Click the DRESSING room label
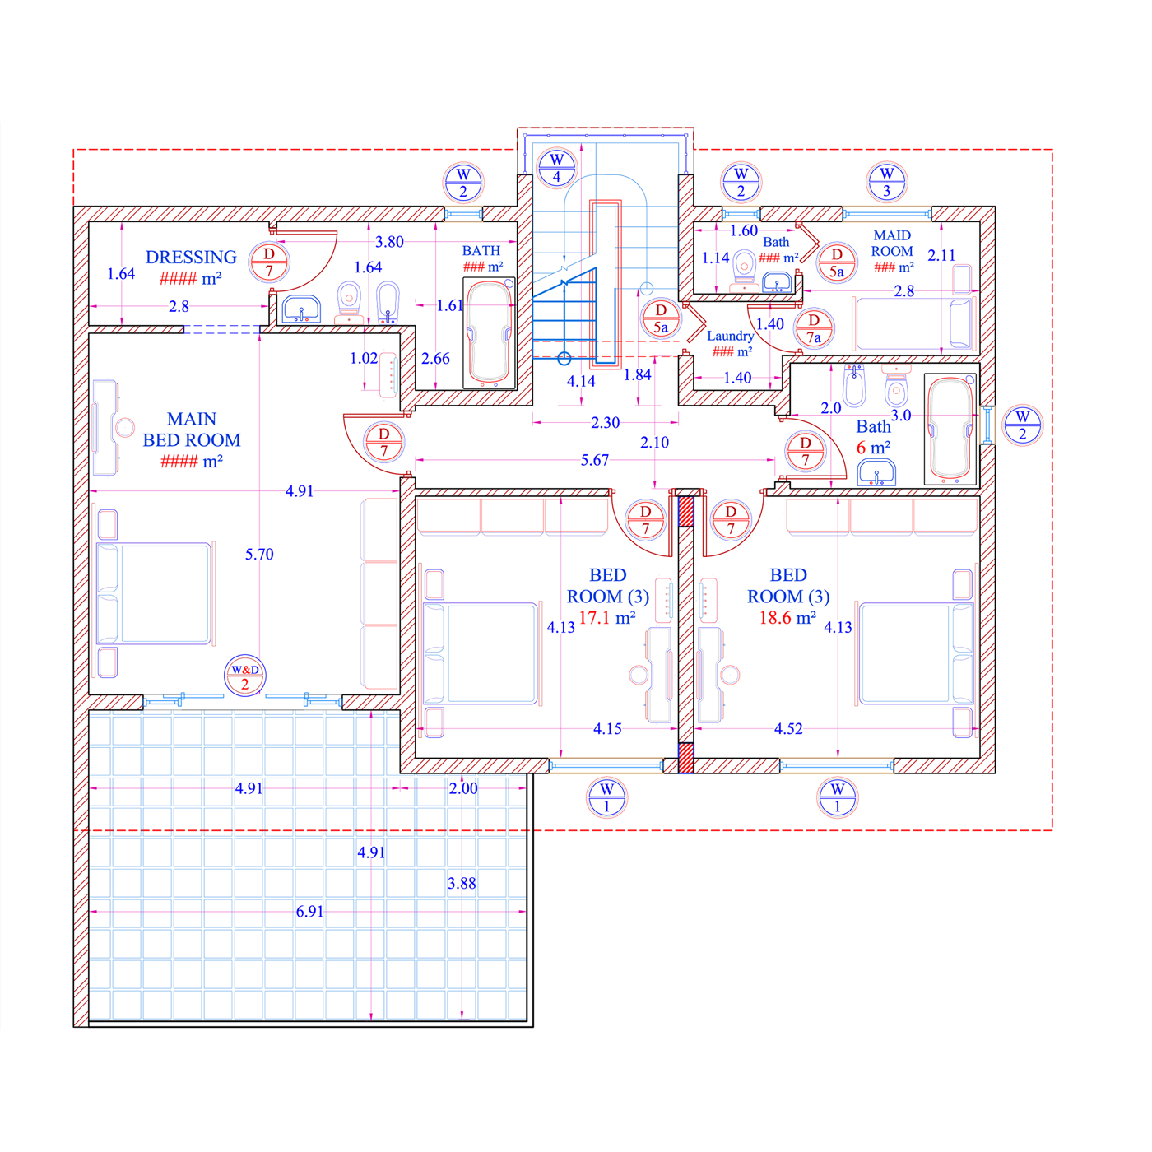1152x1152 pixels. [191, 257]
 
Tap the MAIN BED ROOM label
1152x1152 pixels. [191, 430]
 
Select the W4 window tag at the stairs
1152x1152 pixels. [556, 168]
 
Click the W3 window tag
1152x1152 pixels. [886, 182]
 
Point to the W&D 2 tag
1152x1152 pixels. [244, 676]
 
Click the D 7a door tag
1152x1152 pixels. [814, 329]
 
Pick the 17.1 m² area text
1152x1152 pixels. [606, 617]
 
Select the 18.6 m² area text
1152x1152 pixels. [787, 617]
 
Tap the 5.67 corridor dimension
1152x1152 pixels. [594, 460]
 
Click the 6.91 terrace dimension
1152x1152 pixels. [309, 911]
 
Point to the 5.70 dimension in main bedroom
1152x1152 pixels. [259, 554]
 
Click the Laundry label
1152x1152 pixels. [730, 336]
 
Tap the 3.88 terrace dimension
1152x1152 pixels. [462, 883]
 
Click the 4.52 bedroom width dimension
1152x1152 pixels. [788, 728]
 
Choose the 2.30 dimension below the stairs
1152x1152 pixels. [605, 423]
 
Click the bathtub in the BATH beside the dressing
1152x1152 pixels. [489, 332]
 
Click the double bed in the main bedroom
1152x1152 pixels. [154, 593]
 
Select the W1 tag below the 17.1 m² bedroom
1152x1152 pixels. [606, 797]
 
